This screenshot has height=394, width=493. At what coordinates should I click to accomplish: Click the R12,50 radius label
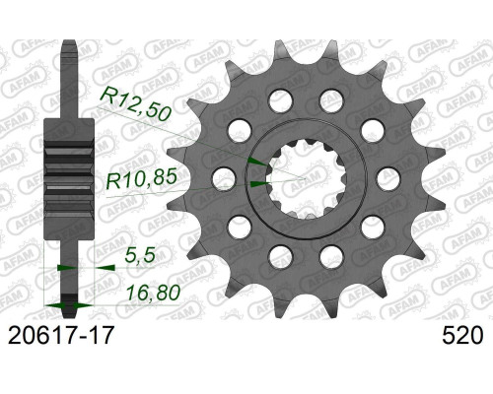[135, 104]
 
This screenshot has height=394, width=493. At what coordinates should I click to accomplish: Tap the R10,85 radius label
[142, 179]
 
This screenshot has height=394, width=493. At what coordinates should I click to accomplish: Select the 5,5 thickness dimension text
[140, 254]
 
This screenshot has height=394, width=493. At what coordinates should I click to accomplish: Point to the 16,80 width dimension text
[154, 293]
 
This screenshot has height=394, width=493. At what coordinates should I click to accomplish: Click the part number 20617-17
[61, 335]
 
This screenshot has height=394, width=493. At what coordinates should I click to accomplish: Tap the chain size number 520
[462, 335]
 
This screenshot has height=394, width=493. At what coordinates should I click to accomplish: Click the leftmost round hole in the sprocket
[224, 179]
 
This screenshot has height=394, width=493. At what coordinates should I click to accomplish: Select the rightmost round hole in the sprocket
[388, 179]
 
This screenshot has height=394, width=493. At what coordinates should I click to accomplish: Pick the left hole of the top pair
[280, 100]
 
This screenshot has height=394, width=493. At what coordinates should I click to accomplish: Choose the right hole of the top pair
[331, 100]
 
